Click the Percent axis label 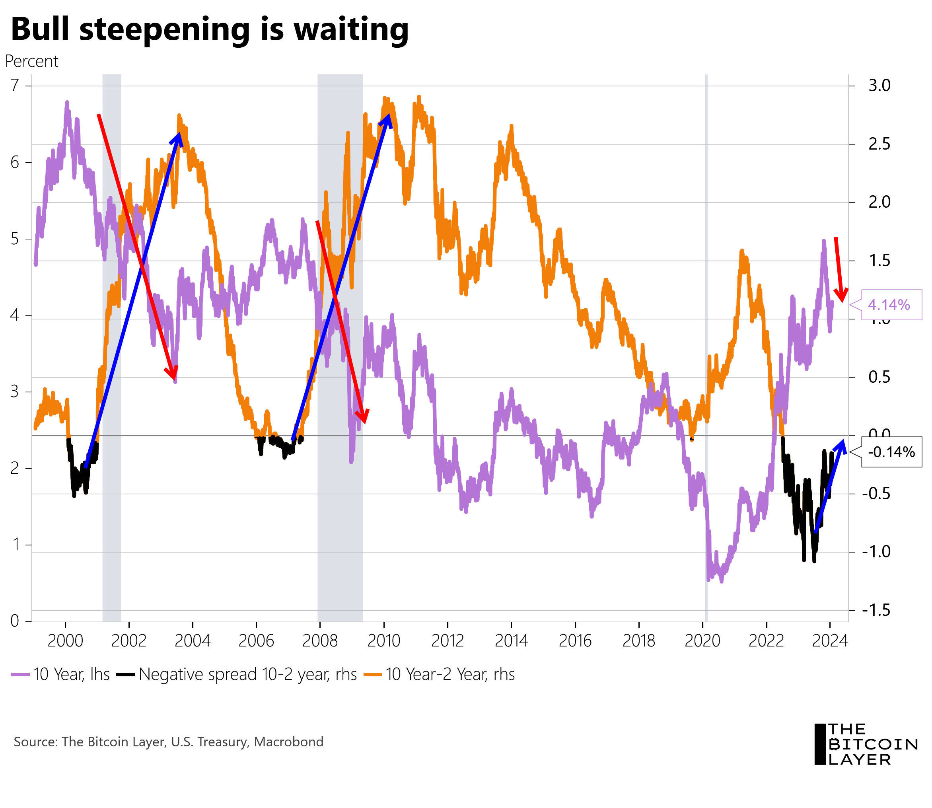pos(31,61)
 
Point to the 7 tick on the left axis pos(16,85)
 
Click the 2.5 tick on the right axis pos(879,144)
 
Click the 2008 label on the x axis pos(320,641)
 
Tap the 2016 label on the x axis pos(575,641)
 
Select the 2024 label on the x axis pos(830,641)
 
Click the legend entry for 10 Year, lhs pos(61,675)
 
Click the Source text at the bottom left pos(169,742)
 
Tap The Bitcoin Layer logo pos(865,744)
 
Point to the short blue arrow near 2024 pos(829,487)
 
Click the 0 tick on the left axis pos(15,621)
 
